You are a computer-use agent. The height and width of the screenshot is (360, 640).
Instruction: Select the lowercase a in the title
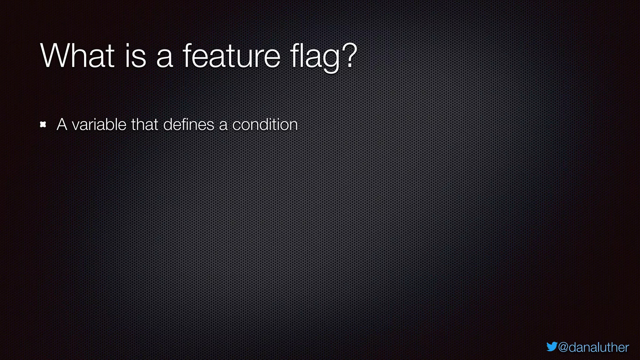coord(164,57)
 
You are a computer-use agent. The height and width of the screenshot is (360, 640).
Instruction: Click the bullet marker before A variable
coord(43,125)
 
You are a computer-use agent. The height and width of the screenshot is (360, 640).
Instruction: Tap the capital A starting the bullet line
coord(62,124)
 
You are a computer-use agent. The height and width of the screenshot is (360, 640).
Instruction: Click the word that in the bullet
coord(144,124)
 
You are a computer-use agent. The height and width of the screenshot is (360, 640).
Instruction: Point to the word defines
coord(189,124)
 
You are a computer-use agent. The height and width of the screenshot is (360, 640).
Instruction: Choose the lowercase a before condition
coord(223,126)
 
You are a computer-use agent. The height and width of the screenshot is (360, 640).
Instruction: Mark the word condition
coord(265,124)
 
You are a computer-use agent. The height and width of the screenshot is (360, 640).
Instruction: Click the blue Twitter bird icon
coord(552,347)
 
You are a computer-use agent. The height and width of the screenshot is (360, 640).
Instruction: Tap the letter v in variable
coord(76,126)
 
